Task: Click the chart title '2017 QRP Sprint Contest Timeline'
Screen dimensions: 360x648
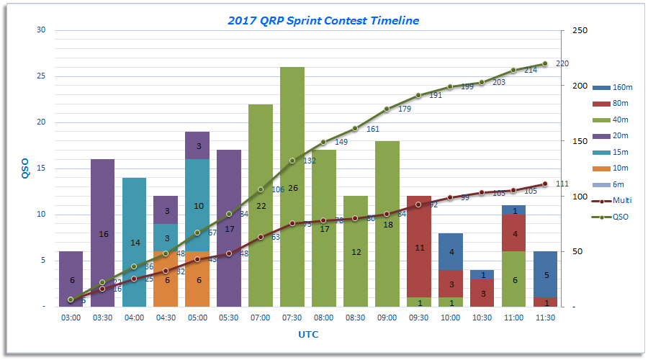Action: (323, 21)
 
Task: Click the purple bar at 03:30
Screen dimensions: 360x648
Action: (102, 216)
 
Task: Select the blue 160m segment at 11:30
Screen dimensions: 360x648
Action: (545, 274)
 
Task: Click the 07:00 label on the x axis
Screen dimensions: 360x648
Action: (260, 318)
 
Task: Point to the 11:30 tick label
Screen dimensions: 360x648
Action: (544, 318)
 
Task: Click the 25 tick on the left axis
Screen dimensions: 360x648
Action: (40, 76)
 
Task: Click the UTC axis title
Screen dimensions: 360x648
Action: (308, 334)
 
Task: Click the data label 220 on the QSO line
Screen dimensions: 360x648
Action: (562, 63)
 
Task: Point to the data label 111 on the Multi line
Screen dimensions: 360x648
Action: (562, 184)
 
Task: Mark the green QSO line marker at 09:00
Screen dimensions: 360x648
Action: (387, 109)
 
